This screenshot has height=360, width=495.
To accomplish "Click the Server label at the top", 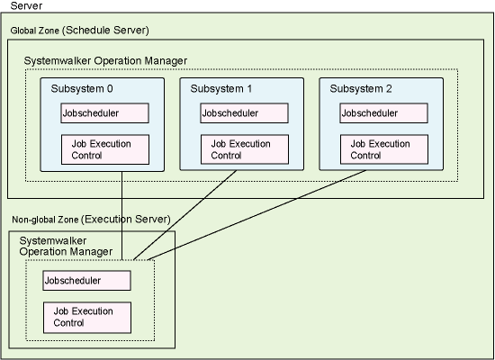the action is coord(26,5).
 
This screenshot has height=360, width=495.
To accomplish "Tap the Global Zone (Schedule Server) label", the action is coord(79,31).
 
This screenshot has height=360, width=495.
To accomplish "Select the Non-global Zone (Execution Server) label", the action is coord(91,220).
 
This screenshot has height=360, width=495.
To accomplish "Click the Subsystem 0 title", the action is coord(82,89).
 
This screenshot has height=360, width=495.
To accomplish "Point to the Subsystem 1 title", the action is coord(221,89).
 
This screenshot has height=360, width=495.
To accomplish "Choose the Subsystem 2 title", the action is coord(361,89).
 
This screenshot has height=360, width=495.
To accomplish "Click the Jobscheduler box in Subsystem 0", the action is coord(104,113).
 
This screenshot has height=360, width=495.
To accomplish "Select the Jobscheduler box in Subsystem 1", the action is coord(244,113).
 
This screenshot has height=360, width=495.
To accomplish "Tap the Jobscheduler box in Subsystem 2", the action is coord(384,113).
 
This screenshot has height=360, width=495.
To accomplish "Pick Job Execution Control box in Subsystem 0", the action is coord(105,149).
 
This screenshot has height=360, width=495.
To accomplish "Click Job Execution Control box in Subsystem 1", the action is coord(245,149).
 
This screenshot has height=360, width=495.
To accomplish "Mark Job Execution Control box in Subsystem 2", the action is coord(384,149).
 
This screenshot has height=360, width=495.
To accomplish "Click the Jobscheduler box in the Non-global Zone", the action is coord(86,281).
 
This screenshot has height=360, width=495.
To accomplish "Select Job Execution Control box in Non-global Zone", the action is coord(87,318).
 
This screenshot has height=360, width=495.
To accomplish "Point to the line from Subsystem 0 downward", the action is coord(121,216).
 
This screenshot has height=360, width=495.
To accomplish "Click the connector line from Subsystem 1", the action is coord(185,215).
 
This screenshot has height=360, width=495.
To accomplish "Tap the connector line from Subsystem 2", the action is coord(256,215).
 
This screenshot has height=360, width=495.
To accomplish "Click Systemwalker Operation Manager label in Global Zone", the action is coord(105,60).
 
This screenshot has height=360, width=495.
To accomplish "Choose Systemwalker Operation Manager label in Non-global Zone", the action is coord(66,247).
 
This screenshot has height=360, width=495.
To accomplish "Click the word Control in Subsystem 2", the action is coord(365,156).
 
